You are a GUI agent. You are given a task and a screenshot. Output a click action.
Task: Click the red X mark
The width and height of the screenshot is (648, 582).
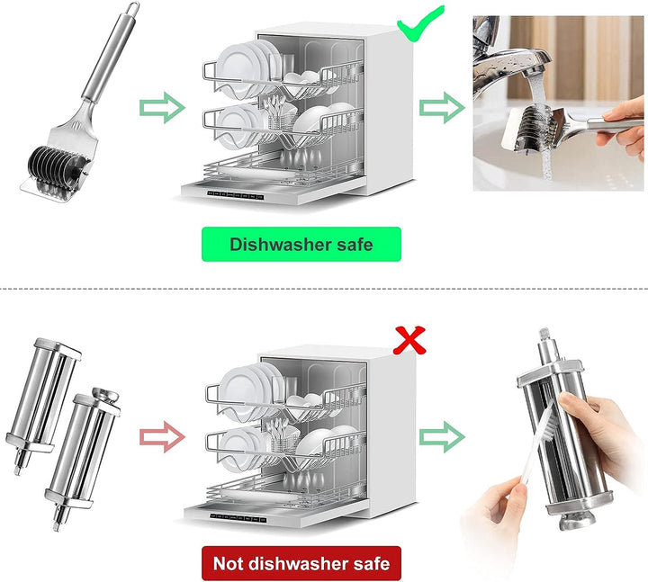tap(409, 340)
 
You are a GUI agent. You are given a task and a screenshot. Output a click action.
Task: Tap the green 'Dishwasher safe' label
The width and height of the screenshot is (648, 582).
tap(301, 244)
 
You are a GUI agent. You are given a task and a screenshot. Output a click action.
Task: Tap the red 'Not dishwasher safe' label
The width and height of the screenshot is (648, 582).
tap(301, 563)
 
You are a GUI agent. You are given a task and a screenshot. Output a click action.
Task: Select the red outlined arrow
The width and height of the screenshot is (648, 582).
tap(162, 436)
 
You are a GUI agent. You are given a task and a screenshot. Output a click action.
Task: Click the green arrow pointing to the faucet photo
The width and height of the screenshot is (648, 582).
tap(442, 107)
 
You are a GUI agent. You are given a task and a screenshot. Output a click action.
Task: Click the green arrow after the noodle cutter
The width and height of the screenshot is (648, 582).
tap(162, 107)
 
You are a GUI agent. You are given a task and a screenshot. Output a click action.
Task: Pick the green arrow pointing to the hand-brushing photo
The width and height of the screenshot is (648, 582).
tap(442, 436)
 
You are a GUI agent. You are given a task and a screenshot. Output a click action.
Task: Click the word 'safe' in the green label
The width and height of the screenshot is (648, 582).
tap(355, 244)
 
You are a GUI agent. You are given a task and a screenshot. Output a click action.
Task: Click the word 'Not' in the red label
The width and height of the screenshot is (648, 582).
tap(228, 563)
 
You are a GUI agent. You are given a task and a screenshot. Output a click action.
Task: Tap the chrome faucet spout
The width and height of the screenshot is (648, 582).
tap(512, 62)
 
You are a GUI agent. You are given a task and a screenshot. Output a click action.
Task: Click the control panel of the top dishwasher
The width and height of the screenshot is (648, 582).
tap(235, 195)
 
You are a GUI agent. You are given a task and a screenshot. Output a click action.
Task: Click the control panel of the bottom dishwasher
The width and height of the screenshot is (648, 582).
tap(238, 518)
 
